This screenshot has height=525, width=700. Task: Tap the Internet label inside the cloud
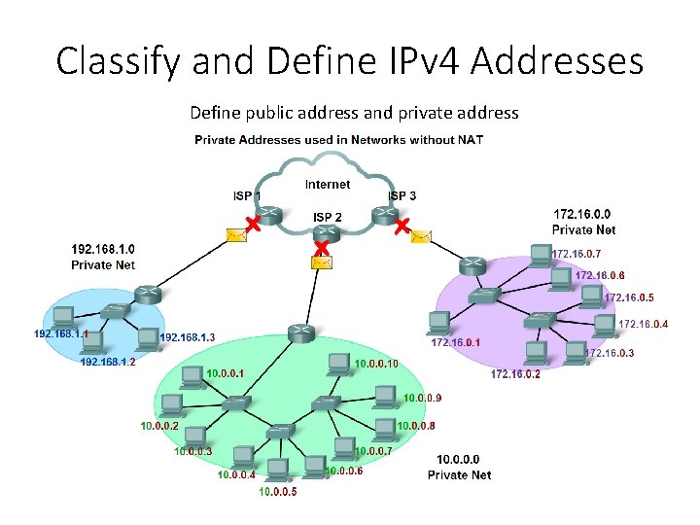(328, 185)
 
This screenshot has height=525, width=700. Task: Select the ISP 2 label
(327, 216)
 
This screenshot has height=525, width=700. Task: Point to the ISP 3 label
(402, 196)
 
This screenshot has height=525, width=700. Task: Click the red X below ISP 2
(321, 248)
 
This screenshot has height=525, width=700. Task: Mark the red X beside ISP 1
(251, 226)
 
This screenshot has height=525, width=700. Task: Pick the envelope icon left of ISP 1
(234, 234)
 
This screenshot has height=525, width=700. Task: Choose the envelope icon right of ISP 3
(421, 235)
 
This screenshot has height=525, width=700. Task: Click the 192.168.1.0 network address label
(103, 249)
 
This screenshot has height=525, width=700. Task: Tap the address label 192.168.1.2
(107, 362)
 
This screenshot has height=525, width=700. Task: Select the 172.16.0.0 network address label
(583, 214)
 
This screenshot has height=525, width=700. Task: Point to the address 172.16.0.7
(576, 254)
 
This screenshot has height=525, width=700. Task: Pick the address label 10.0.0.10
(377, 364)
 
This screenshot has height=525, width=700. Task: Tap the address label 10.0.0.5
(278, 492)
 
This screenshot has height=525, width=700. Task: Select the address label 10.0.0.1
(226, 372)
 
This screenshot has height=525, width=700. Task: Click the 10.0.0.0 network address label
(459, 459)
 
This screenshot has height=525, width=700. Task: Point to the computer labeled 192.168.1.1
(63, 317)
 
